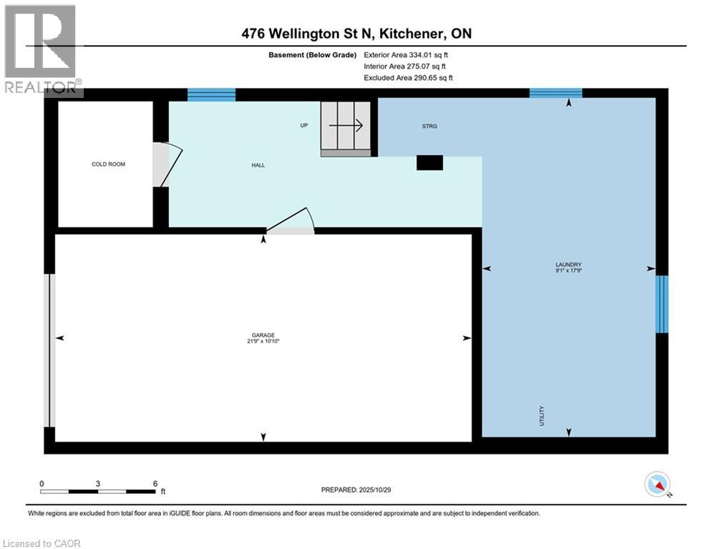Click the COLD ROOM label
(108, 164)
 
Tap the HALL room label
(258, 165)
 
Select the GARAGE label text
(263, 335)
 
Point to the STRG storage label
(429, 126)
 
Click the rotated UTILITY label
(542, 417)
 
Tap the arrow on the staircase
(346, 125)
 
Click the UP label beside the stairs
(303, 126)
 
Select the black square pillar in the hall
(429, 163)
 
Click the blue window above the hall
(211, 94)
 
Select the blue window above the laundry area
(555, 93)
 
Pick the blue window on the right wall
(662, 304)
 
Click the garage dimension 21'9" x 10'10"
(263, 342)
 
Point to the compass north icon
(656, 485)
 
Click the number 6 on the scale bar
(155, 483)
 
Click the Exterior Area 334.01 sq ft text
(406, 54)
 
